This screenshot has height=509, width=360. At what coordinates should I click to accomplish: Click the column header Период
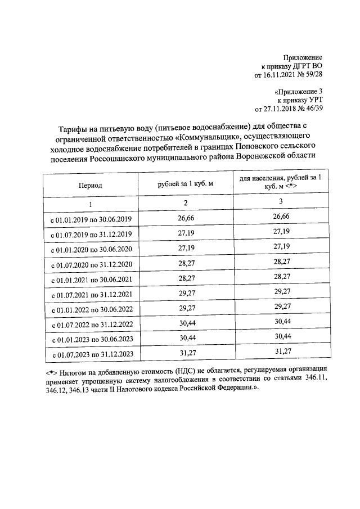[90, 184]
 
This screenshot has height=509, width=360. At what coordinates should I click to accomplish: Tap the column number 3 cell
[280, 202]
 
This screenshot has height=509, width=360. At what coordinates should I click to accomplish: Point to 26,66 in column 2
[186, 217]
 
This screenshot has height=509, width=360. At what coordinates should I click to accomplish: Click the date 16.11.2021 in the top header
[278, 74]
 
